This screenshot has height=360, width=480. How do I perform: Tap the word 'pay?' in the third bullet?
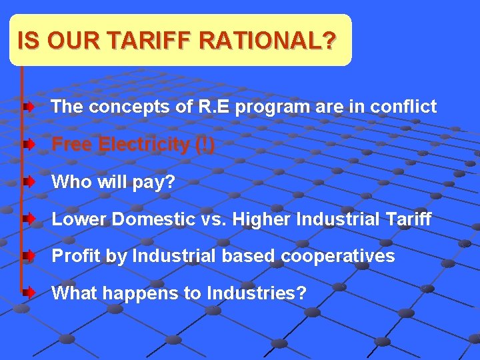(x=155, y=181)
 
